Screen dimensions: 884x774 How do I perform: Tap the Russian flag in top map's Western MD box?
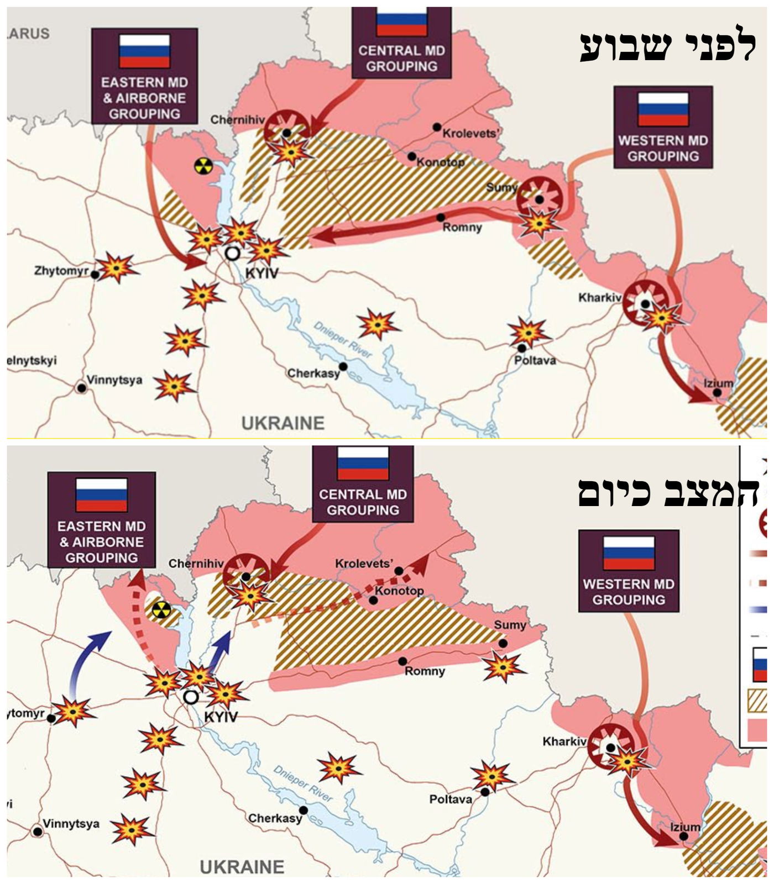663,109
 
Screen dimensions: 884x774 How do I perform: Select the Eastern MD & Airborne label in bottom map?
101,541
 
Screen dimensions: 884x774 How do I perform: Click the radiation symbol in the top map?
203,166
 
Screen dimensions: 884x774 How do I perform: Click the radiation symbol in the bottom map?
160,610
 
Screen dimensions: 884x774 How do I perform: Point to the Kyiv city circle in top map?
233,254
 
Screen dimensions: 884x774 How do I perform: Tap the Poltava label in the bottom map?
451,799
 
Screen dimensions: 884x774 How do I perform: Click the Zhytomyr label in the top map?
61,271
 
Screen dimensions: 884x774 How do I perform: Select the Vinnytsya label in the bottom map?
71,824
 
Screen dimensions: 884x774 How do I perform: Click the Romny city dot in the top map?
441,218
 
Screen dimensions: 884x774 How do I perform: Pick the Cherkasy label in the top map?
313,373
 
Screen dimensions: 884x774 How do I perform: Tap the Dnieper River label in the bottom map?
303,783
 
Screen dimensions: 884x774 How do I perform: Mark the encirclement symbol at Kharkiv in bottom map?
610,747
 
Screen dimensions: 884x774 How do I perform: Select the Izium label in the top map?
719,383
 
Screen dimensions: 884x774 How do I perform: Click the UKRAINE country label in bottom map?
242,866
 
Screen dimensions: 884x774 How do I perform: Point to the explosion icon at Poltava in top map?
529,332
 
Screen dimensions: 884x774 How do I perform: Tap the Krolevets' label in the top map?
471,133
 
